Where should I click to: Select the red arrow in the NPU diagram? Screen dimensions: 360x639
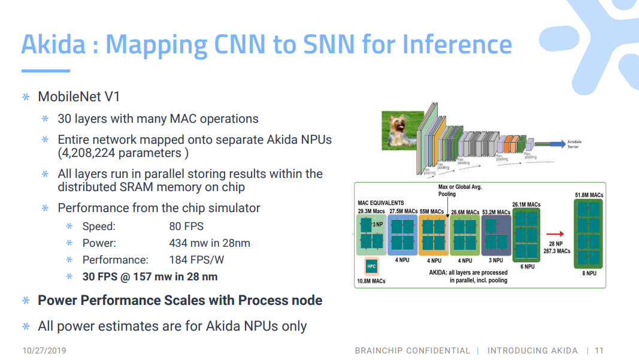tap(555, 234)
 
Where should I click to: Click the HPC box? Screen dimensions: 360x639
tap(371, 266)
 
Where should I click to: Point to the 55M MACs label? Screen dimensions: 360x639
tap(432, 211)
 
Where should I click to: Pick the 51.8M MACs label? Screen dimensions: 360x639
tap(588, 195)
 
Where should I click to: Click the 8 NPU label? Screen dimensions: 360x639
tap(588, 273)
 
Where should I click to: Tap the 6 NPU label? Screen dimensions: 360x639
tap(527, 267)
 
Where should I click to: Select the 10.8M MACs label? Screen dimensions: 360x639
tap(371, 280)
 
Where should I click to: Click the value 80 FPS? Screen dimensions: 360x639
tap(186, 226)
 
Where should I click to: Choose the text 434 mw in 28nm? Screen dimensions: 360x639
tap(210, 243)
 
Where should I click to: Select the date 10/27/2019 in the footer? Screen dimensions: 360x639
tap(44, 350)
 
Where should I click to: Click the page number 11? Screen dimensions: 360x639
tap(599, 350)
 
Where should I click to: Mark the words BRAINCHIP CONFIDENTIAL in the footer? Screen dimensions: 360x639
tap(412, 350)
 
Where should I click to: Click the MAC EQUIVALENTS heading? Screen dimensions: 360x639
tap(381, 203)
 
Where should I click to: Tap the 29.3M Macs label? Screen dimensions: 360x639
tap(371, 211)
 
